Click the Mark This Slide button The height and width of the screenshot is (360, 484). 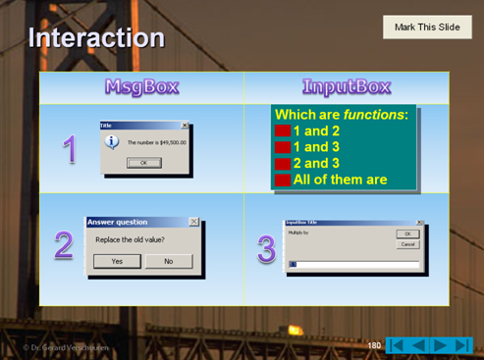click(x=426, y=27)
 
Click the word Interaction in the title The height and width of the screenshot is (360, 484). click(x=96, y=38)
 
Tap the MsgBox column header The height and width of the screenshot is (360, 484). click(x=141, y=86)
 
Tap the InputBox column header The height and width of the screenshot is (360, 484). click(x=347, y=86)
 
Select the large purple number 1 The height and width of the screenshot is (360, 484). click(x=70, y=149)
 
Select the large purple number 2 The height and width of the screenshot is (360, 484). click(x=64, y=245)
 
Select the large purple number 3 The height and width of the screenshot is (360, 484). click(x=266, y=249)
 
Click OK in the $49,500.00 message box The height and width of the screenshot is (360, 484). click(x=143, y=163)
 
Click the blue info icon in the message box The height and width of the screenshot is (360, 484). click(x=112, y=142)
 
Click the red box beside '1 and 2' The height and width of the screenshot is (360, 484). click(x=282, y=130)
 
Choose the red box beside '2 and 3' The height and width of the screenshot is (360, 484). click(x=282, y=163)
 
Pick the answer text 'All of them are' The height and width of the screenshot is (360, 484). click(x=340, y=180)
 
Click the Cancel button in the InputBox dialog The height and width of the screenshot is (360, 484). click(x=407, y=244)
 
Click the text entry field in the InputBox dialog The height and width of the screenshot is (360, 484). click(x=353, y=265)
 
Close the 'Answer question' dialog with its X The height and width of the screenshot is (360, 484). click(x=193, y=222)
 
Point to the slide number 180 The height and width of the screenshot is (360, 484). click(x=374, y=345)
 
